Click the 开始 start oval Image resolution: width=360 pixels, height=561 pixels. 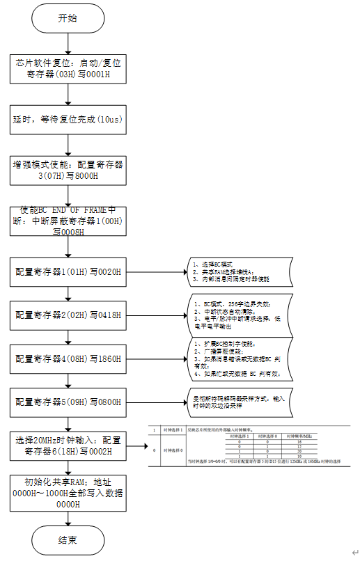(x=68, y=19)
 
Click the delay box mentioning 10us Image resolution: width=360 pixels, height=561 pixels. (x=68, y=120)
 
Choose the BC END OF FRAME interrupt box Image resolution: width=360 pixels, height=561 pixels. (x=68, y=221)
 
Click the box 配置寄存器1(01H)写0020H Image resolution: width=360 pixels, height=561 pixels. (x=68, y=271)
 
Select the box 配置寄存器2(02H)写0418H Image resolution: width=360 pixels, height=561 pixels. (x=68, y=315)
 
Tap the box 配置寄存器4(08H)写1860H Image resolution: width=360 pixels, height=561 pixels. (x=68, y=359)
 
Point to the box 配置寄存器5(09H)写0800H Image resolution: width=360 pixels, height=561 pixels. (x=68, y=402)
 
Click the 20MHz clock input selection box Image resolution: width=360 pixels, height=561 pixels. (x=68, y=445)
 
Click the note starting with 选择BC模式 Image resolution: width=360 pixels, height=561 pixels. (x=237, y=271)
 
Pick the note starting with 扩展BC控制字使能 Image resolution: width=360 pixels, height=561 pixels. (x=237, y=359)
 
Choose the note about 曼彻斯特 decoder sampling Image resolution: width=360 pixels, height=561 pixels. (x=237, y=402)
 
